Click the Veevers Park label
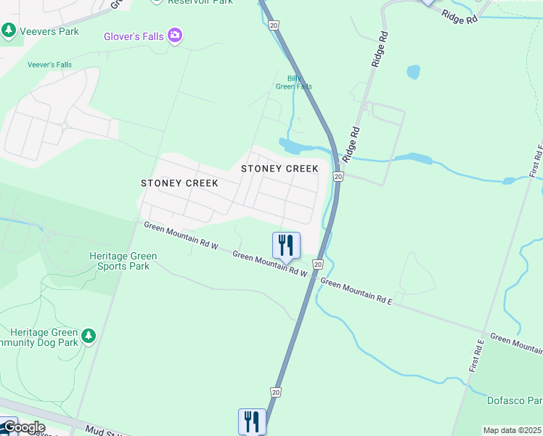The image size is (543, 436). point(49,31)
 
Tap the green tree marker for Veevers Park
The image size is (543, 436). point(9,31)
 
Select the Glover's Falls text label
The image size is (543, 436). point(134,35)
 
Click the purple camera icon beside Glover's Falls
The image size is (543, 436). point(174,35)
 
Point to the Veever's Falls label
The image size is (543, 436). point(49,65)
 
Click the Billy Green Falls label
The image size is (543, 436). point(294,82)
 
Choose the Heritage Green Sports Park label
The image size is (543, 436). point(119,261)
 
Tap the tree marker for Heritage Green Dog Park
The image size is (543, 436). point(88,335)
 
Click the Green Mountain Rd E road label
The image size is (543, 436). point(356,291)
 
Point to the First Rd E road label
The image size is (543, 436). point(476,356)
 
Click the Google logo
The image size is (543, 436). point(23,427)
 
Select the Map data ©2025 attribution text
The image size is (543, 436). point(513,430)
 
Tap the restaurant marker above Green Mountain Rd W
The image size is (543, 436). point(286,246)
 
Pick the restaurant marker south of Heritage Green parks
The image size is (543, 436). point(252,421)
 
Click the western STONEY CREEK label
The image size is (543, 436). point(179,183)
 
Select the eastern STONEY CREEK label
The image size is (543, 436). point(279,169)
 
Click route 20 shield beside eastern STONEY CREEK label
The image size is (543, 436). point(338,177)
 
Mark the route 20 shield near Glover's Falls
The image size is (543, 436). point(273,25)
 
